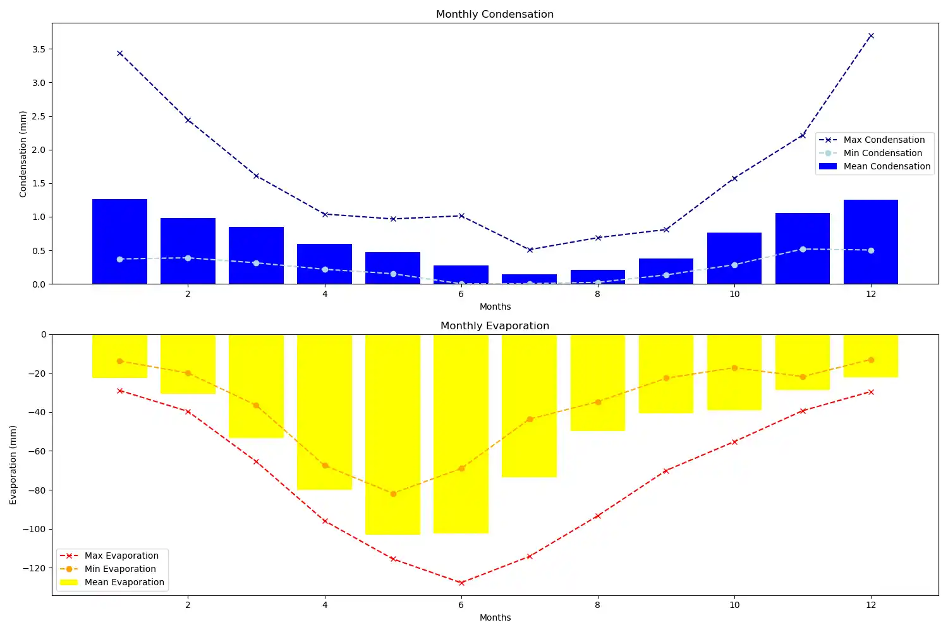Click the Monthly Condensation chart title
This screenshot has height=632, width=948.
pos(494,14)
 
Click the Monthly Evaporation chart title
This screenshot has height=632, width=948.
pos(494,325)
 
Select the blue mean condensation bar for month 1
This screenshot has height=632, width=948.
pos(119,241)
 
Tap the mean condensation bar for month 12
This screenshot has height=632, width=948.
pos(870,241)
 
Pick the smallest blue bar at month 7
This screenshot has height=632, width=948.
pos(529,279)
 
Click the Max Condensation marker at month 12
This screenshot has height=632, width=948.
pos(871,36)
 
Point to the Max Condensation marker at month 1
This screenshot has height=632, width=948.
pos(119,54)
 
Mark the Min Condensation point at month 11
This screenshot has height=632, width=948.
pos(803,249)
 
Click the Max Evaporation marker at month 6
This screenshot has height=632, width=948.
pos(461,583)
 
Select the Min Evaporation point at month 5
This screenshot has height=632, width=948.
pos(393,494)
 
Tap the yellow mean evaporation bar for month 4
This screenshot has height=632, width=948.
pos(324,412)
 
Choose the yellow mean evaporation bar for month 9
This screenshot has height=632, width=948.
pos(666,374)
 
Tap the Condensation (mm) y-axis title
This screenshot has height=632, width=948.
pos(23,154)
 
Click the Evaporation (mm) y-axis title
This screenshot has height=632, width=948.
pos(13,465)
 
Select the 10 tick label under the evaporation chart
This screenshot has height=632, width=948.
pos(734,605)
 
